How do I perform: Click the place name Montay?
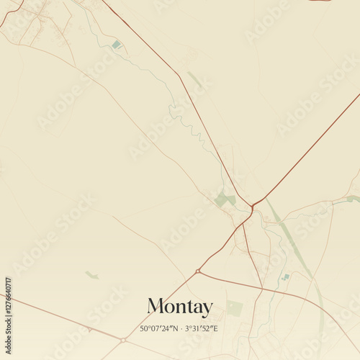[180, 307]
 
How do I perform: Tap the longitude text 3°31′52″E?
[201, 328]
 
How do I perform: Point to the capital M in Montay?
[156, 307]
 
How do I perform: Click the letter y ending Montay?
[207, 309]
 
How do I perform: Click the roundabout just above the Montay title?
[197, 271]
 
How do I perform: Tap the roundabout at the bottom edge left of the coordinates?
[124, 339]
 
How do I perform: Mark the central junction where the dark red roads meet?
[253, 206]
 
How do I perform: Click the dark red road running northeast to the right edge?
[310, 148]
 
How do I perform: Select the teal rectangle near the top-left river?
[117, 45]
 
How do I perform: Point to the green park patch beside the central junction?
[225, 199]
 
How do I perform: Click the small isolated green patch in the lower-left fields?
[91, 274]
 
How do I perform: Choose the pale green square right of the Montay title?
[235, 308]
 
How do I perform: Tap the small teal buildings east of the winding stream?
[286, 276]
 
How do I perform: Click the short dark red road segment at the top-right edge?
[320, 1]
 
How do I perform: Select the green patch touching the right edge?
[352, 199]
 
